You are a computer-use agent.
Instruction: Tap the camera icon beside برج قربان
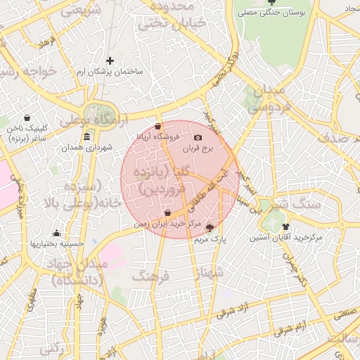click(198, 138)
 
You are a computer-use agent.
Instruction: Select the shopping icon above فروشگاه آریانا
click(157, 126)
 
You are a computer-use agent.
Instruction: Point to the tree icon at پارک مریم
click(210, 228)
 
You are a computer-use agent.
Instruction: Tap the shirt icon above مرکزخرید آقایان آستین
click(285, 226)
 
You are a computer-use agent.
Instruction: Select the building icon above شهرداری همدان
click(86, 136)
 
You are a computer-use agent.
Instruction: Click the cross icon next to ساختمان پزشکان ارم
click(110, 61)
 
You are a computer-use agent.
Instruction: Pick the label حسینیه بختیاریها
click(56, 243)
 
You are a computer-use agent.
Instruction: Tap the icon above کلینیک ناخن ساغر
click(27, 117)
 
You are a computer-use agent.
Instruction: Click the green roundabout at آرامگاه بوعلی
click(93, 112)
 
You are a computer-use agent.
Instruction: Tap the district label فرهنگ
click(151, 276)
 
